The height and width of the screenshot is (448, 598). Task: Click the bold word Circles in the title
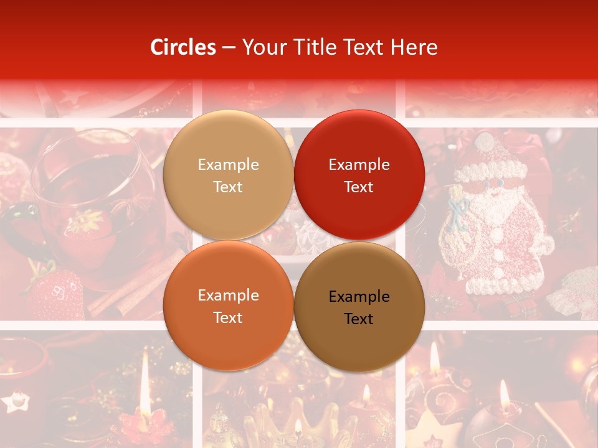[183, 47]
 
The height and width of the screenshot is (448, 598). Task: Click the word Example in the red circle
[359, 165]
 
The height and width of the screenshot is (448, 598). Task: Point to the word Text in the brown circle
[359, 319]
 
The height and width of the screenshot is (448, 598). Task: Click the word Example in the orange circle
[228, 296]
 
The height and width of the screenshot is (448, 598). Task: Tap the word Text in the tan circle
[228, 187]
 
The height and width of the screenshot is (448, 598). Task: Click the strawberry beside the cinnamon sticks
[55, 292]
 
